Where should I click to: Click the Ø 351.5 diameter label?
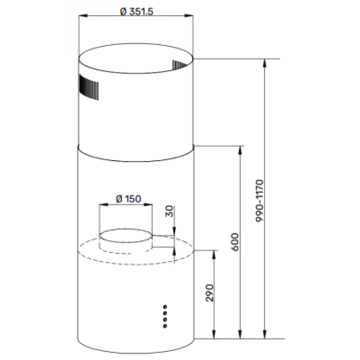[136, 12]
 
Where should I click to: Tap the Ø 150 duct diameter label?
[129, 199]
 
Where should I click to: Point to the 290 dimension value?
[210, 293]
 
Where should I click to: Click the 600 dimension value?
[235, 242]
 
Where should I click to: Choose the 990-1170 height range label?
[260, 201]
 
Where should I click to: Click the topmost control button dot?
[165, 306]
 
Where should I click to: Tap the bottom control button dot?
[165, 326]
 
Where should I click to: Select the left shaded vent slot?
[89, 87]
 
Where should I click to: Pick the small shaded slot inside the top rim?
[179, 65]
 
